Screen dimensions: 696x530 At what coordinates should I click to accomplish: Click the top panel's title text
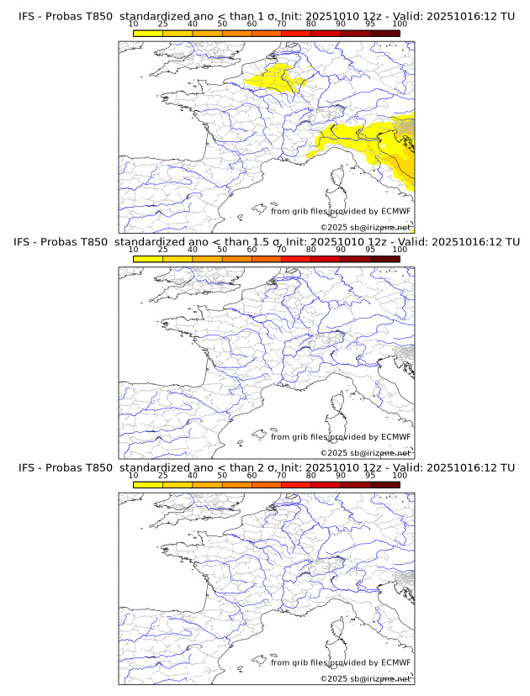266,17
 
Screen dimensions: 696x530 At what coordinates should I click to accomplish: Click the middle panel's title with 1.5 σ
266,242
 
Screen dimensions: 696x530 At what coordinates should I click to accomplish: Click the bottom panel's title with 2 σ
266,467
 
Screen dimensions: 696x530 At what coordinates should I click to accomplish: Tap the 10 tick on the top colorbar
134,24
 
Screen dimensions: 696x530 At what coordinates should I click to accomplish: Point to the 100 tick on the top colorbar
400,24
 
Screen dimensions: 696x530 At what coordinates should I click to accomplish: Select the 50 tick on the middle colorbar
222,250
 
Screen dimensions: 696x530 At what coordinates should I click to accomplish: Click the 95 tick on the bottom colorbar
370,475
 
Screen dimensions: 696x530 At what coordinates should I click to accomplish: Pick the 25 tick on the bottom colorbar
163,475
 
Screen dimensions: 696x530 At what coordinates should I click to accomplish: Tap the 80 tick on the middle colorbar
311,250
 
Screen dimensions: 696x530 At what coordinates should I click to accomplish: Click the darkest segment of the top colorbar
384,33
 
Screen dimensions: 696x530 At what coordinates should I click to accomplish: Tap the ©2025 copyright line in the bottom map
365,678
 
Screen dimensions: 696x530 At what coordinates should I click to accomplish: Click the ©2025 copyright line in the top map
365,228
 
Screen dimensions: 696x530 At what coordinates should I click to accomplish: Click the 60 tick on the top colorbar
252,24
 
